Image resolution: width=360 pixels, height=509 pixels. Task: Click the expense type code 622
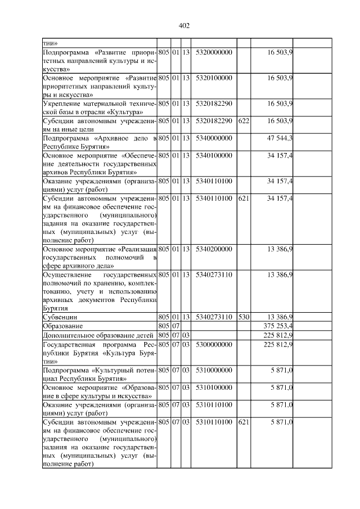[244, 120]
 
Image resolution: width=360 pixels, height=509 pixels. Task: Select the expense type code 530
[244, 317]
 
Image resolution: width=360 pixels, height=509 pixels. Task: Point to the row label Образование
[64, 326]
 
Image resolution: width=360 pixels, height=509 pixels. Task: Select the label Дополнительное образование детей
[92, 335]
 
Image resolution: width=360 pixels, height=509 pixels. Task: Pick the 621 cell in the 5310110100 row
[244, 421]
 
